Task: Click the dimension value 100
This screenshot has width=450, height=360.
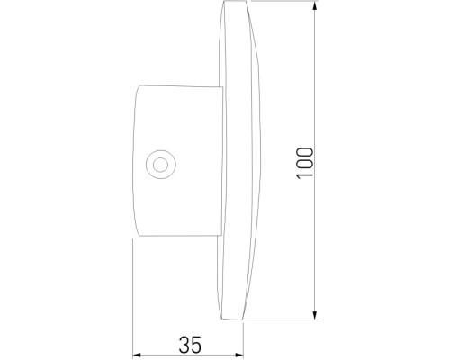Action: [307, 162]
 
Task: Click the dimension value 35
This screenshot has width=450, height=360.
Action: [189, 344]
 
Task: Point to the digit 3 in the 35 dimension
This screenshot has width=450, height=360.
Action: [183, 344]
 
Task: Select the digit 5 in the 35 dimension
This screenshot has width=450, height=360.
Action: [195, 344]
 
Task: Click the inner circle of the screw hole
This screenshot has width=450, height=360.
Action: [160, 164]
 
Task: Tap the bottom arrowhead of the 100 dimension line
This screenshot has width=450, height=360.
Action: [315, 315]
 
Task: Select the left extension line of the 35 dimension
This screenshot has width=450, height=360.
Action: [132, 297]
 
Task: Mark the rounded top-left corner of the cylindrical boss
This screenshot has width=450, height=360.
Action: [138, 89]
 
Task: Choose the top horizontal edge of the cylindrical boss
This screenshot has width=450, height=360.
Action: [180, 86]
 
